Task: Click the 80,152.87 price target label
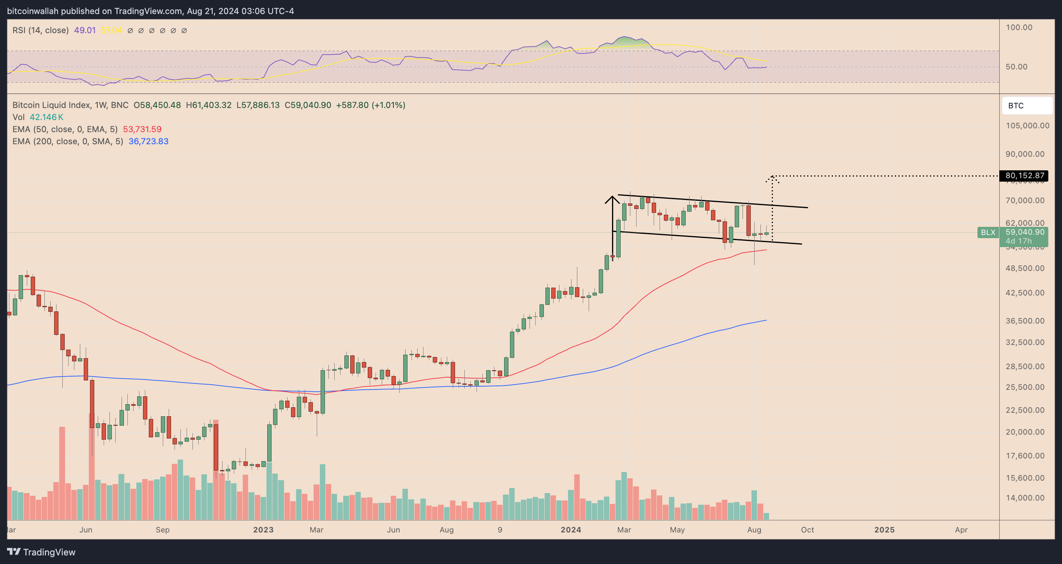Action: [x=1024, y=176]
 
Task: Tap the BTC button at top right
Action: [x=1027, y=106]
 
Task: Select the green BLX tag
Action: [x=988, y=232]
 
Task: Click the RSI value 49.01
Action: [x=85, y=30]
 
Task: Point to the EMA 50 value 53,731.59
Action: [x=142, y=129]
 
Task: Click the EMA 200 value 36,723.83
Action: [x=148, y=141]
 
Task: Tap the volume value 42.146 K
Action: [x=46, y=117]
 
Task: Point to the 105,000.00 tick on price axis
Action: [x=1027, y=126]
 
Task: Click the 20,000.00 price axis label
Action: [x=1025, y=432]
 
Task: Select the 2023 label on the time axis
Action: [x=263, y=530]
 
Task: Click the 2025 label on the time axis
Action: [x=884, y=530]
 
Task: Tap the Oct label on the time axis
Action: [x=807, y=530]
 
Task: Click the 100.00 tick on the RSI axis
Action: [x=1019, y=27]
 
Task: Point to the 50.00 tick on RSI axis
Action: [x=1016, y=67]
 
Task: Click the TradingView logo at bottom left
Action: [x=41, y=552]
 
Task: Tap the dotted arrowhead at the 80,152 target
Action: [x=772, y=178]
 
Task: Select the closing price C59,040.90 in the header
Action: [x=307, y=105]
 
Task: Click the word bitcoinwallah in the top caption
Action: [x=33, y=11]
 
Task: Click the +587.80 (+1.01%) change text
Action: [x=370, y=105]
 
